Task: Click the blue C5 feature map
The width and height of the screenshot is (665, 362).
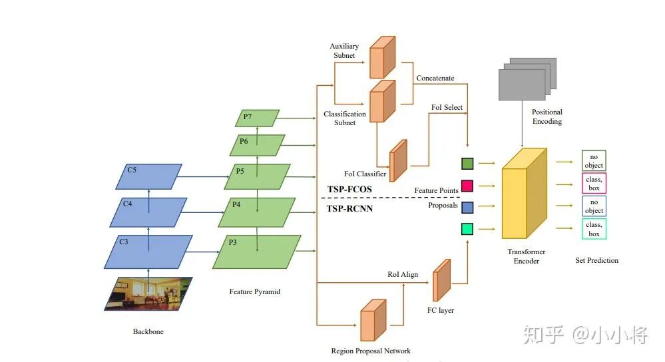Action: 154,176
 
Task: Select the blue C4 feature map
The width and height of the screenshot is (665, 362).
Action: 148,212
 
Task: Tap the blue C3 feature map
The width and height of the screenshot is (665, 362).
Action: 148,251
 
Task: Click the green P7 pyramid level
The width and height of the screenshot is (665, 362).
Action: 257,118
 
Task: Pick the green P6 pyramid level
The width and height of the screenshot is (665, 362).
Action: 257,145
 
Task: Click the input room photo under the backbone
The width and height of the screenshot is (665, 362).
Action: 148,293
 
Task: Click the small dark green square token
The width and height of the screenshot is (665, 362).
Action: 467,162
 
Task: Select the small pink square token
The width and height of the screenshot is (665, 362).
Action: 467,186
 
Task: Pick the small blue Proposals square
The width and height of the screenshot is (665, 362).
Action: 467,208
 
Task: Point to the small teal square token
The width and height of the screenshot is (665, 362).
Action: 467,230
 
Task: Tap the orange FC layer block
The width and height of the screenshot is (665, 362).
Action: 441,280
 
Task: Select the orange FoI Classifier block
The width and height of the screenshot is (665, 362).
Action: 397,160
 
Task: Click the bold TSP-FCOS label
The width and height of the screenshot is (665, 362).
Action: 349,190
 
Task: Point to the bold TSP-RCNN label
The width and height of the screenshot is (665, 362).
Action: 349,208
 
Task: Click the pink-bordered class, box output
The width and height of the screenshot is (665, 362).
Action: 594,183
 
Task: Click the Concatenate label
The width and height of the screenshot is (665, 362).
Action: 435,78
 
